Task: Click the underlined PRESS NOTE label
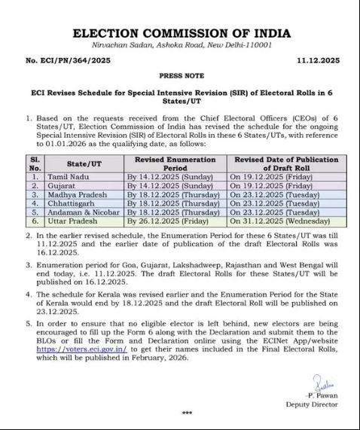click(x=180, y=76)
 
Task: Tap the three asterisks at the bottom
click(x=187, y=413)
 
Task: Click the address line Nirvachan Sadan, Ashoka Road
click(x=180, y=45)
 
